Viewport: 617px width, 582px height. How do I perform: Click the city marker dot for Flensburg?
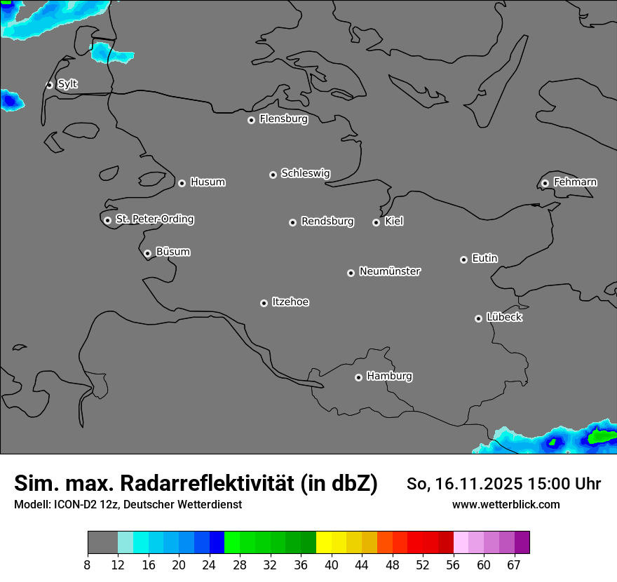pyautogui.click(x=251, y=120)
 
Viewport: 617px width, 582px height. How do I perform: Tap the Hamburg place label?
pyautogui.click(x=389, y=377)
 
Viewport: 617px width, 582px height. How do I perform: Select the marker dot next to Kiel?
pyautogui.click(x=376, y=222)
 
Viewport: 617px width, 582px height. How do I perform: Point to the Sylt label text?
pyautogui.click(x=67, y=84)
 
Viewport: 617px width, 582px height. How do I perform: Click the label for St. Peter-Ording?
pyautogui.click(x=154, y=219)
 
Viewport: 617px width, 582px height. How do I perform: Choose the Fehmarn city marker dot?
pyautogui.click(x=545, y=183)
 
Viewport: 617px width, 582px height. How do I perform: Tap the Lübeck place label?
pyautogui.click(x=504, y=318)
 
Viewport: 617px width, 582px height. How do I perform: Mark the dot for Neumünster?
pyautogui.click(x=351, y=273)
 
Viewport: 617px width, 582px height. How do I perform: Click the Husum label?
pyautogui.click(x=208, y=182)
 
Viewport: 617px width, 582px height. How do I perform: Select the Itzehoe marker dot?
pyautogui.click(x=264, y=303)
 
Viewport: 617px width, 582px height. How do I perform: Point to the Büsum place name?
pyautogui.click(x=172, y=252)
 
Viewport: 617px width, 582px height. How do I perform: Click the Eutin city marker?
pyautogui.click(x=463, y=259)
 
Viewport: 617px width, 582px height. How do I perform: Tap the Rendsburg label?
pyautogui.click(x=327, y=222)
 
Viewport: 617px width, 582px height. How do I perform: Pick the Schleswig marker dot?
pyautogui.click(x=273, y=175)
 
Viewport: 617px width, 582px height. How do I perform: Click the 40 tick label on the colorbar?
pyautogui.click(x=332, y=564)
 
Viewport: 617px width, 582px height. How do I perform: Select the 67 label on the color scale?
pyautogui.click(x=514, y=564)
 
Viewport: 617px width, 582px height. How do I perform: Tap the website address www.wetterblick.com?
pyautogui.click(x=506, y=504)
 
